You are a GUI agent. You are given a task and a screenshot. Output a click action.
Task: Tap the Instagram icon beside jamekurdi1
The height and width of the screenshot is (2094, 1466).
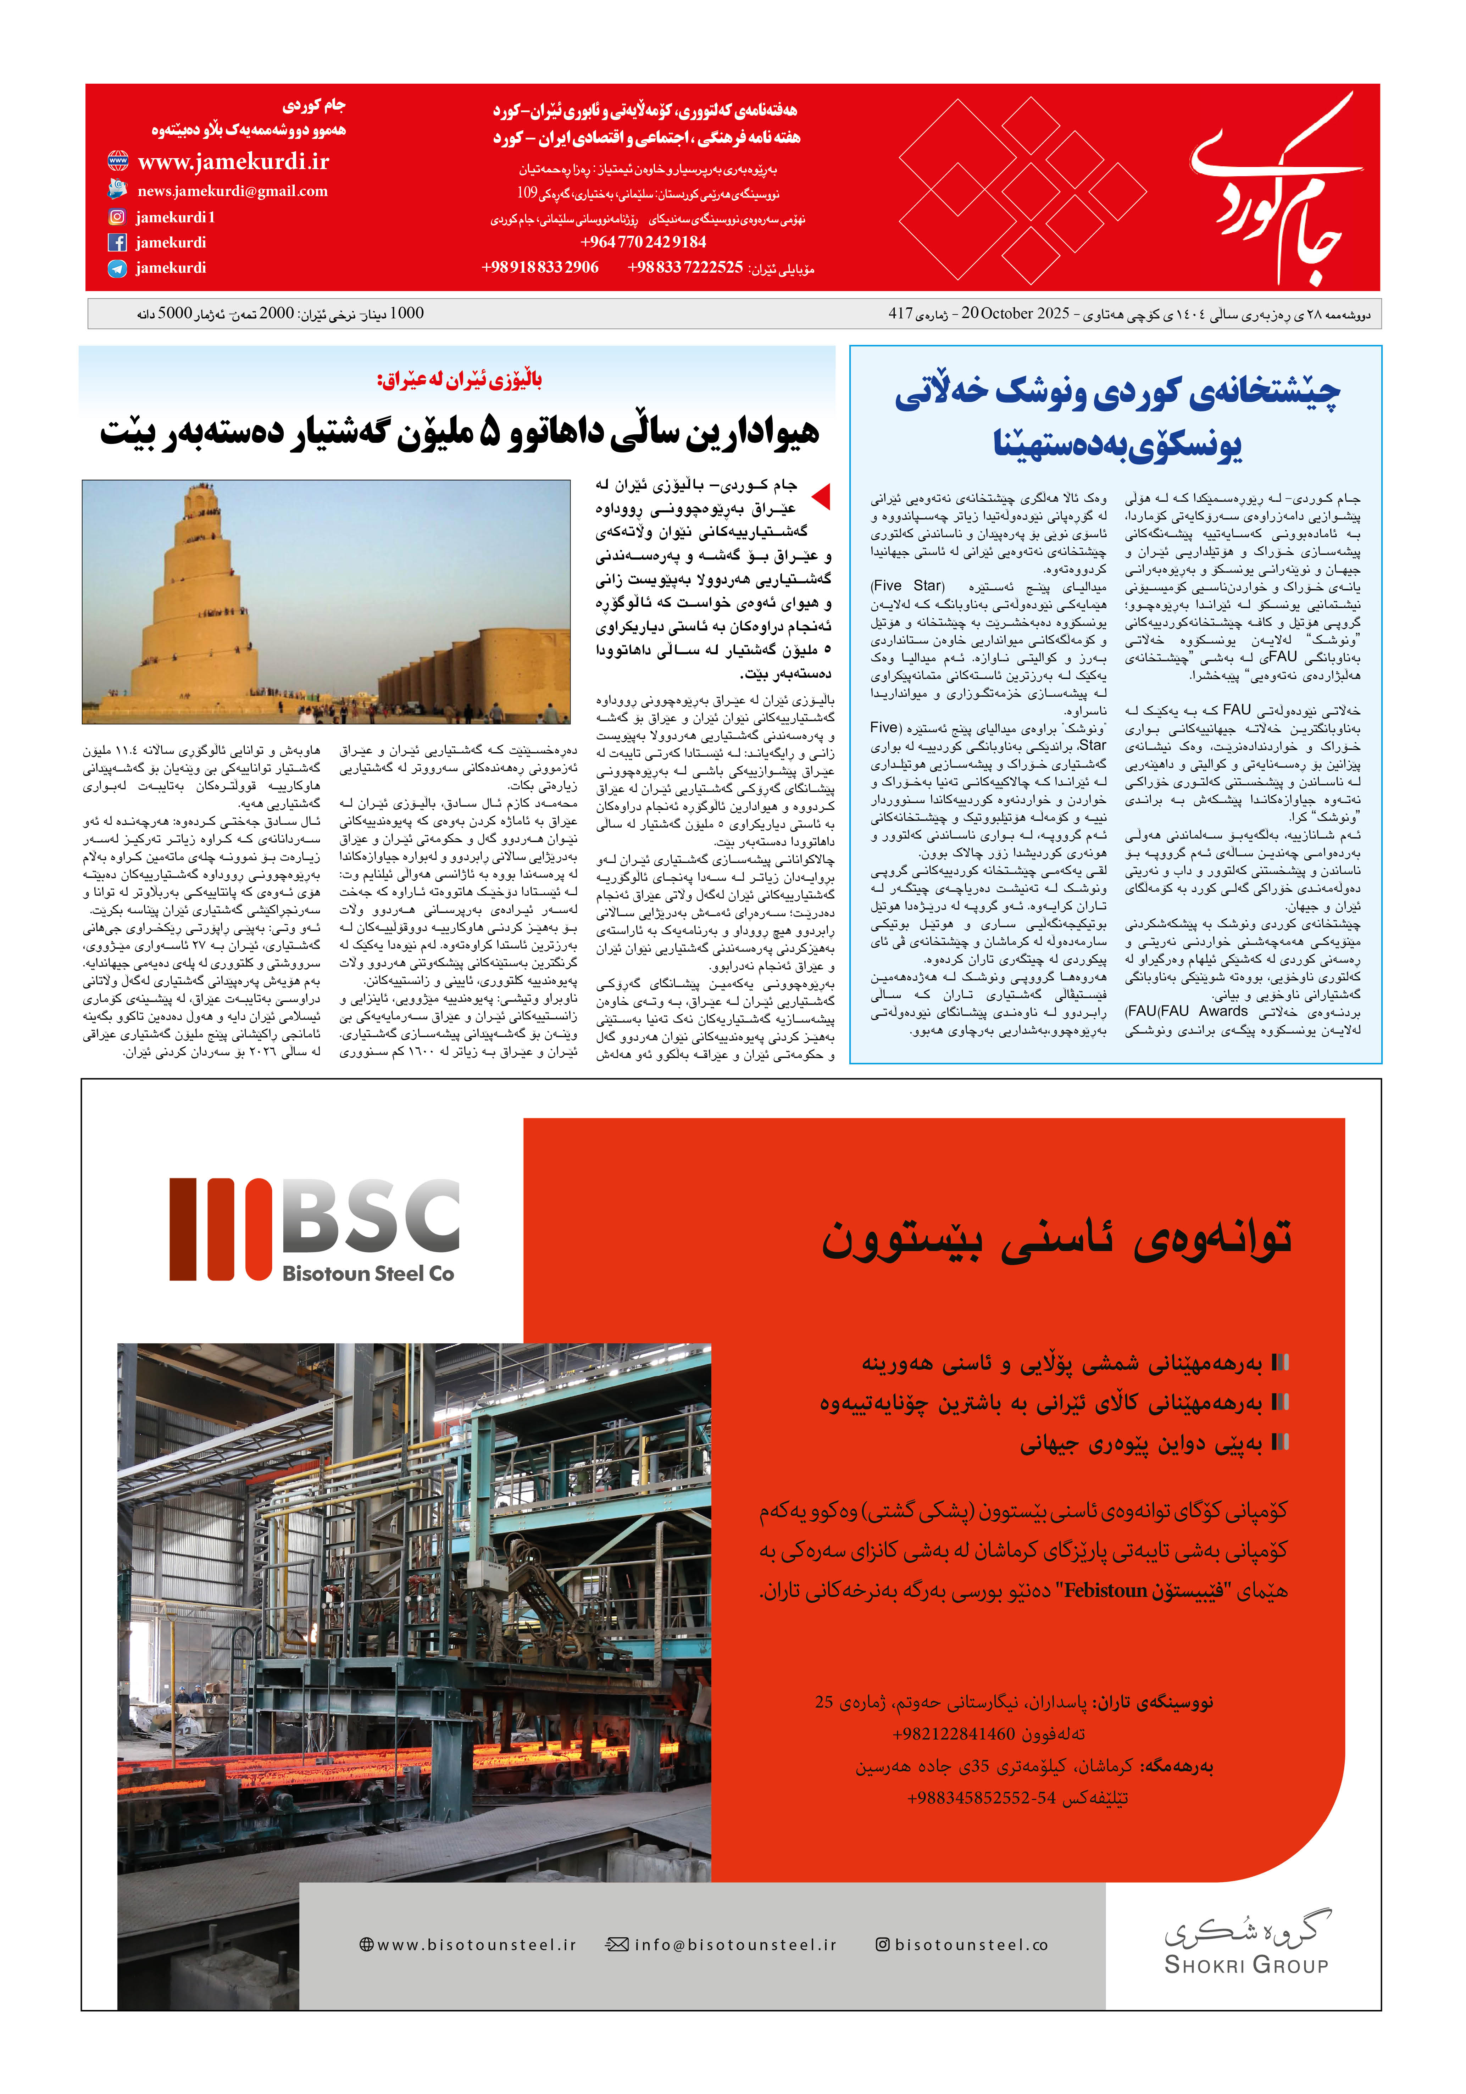coord(117,217)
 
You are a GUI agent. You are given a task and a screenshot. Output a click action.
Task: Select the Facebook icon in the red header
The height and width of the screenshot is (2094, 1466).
coord(117,243)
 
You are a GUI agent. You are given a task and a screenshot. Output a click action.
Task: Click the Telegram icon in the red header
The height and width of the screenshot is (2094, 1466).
coord(117,268)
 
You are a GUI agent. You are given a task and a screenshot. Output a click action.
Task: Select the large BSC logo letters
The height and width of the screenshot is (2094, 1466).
coord(370,1216)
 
